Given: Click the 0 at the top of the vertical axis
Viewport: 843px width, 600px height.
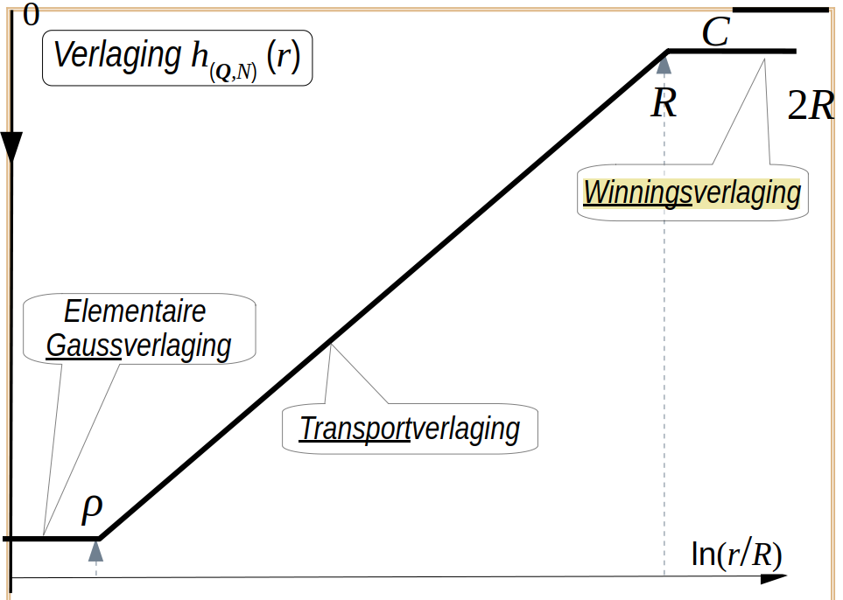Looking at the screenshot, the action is point(32,15).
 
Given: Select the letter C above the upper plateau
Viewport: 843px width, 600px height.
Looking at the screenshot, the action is point(715,32).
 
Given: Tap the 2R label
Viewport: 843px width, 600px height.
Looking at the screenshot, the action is point(811,105).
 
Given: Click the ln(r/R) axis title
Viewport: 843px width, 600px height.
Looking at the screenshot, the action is point(736,554).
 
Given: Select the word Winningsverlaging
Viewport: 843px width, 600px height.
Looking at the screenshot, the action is point(692,192).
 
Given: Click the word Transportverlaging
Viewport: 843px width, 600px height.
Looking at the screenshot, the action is point(410,429).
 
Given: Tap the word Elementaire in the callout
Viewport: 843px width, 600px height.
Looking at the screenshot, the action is point(135,311).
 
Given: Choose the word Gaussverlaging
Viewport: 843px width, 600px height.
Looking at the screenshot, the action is point(138,346).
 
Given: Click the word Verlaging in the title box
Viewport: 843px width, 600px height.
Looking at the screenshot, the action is point(117,55).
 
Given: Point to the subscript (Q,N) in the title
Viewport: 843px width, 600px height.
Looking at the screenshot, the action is point(233,71).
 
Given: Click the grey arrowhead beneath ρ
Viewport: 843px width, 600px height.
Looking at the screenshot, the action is point(95,551).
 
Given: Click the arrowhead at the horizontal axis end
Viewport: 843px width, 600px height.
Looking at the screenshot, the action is point(774,578).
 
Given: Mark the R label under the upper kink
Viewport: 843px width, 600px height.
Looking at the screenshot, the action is point(664,102).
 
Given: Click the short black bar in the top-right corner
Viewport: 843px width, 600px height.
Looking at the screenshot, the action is point(781,10).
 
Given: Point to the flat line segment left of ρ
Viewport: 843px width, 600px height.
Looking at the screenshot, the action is point(51,538).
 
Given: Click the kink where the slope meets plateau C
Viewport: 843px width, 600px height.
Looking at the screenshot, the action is point(668,51).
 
